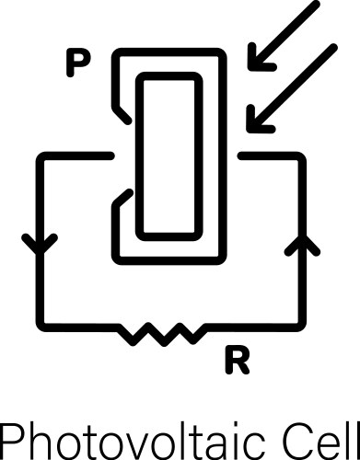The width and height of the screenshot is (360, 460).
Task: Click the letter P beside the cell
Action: click(77, 64)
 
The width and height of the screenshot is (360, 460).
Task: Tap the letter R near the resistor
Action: click(237, 362)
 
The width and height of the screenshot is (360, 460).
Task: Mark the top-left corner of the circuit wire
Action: click(41, 158)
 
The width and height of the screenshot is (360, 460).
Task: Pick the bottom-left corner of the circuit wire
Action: click(41, 325)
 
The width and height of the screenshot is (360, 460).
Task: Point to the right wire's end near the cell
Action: click(241, 158)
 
